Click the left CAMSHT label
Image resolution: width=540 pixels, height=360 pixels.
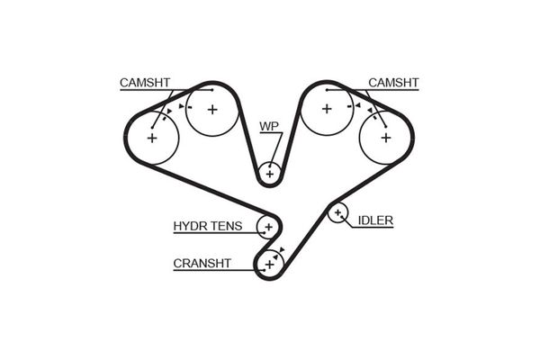point(145,83)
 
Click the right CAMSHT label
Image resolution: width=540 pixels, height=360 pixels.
point(393,83)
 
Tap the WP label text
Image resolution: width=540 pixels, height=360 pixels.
point(269,126)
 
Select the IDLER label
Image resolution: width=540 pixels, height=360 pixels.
point(375,220)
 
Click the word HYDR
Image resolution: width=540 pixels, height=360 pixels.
point(189,226)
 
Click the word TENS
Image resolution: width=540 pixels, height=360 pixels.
point(226,226)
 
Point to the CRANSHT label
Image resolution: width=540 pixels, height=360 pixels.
point(202,264)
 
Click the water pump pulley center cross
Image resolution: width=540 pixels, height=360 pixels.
point(270,174)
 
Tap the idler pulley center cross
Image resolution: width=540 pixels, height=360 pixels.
point(337,212)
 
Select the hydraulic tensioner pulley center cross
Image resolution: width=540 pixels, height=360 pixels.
point(268,227)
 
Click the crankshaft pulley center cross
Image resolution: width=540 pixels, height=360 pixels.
point(270,265)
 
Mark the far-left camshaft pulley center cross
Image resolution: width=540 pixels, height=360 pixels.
point(152,138)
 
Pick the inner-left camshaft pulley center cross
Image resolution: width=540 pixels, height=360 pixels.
point(212,110)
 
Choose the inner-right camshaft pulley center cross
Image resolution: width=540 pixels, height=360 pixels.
point(327,109)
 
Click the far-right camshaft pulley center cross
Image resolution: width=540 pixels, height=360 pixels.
point(386,138)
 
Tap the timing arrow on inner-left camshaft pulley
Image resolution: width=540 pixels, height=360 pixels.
point(182,106)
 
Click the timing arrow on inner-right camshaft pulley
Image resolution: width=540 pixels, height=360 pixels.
point(358,105)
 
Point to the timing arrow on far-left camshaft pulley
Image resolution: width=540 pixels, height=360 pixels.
point(169,112)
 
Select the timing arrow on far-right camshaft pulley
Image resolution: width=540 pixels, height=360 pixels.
point(370,110)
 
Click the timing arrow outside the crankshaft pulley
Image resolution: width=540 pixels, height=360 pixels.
point(283,250)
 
